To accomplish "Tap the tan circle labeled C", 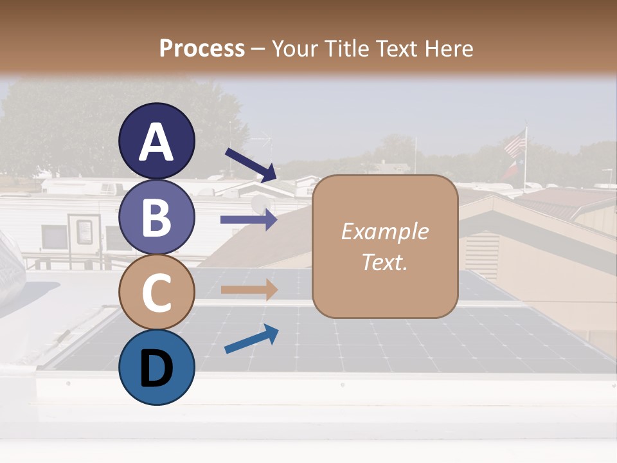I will pyautogui.click(x=157, y=292).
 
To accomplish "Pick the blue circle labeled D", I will pyautogui.click(x=157, y=367).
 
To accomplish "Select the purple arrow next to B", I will pyautogui.click(x=249, y=220).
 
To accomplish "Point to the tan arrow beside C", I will pyautogui.click(x=249, y=289).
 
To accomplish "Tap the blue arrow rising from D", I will pyautogui.click(x=251, y=339).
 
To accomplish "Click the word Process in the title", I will pyautogui.click(x=202, y=48).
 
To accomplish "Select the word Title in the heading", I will pyautogui.click(x=339, y=48).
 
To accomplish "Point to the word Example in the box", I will pyautogui.click(x=384, y=232).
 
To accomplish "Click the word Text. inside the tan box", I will pyautogui.click(x=384, y=262).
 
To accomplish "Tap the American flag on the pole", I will pyautogui.click(x=515, y=144).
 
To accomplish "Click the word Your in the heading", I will pyautogui.click(x=295, y=48).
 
